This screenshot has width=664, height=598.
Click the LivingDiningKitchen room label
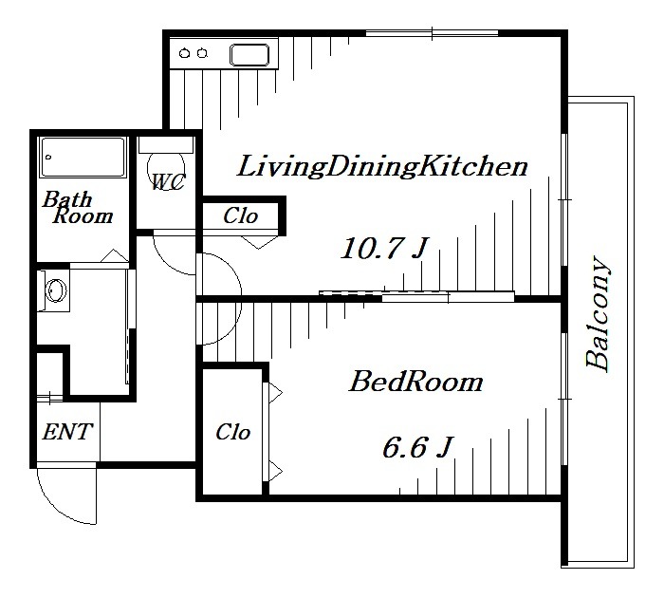tap(382, 167)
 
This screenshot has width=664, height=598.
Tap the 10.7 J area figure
tap(384, 248)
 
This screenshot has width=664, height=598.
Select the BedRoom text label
tap(415, 382)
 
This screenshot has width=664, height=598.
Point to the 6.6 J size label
tap(417, 447)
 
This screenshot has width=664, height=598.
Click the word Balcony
tap(598, 313)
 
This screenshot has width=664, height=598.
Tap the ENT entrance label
tap(67, 432)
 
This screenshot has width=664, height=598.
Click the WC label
tap(168, 182)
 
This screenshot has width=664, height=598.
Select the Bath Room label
tap(78, 208)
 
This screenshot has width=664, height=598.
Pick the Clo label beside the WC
tap(241, 215)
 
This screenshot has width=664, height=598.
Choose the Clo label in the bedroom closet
tap(233, 432)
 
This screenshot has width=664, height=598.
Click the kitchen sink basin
tap(249, 55)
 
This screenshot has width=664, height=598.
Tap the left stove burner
tap(184, 53)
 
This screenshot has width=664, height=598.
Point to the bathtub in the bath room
tap(83, 158)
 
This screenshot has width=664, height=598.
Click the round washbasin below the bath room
tap(56, 290)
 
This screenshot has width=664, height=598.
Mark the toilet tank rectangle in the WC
tap(166, 145)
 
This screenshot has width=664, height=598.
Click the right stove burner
tap(202, 53)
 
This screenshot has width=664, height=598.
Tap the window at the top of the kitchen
tap(432, 33)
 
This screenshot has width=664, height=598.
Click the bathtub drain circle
tap(48, 158)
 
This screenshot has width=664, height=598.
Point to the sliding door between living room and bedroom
tap(416, 296)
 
